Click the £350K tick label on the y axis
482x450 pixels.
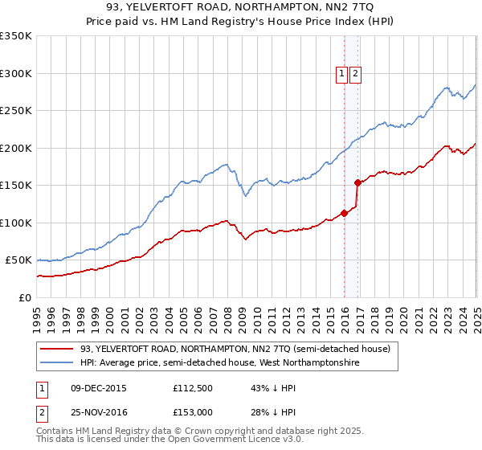pyautogui.click(x=16, y=36)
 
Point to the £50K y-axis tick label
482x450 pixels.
pyautogui.click(x=18, y=260)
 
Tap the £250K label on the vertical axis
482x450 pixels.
pyautogui.click(x=16, y=111)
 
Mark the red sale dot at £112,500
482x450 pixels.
pyautogui.click(x=345, y=213)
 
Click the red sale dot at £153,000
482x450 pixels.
pyautogui.click(x=357, y=182)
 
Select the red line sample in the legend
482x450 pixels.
pyautogui.click(x=58, y=349)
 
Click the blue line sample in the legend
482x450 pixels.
pyautogui.click(x=58, y=363)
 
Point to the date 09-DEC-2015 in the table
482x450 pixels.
pyautogui.click(x=98, y=387)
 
